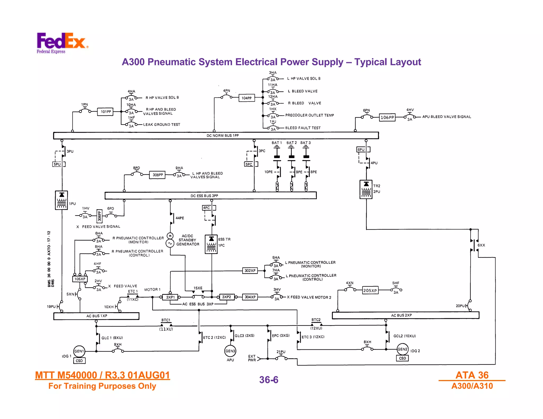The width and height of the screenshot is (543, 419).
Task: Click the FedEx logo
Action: click(62, 42)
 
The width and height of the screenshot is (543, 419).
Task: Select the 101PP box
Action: click(106, 112)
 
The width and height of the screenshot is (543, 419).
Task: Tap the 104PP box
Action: click(247, 98)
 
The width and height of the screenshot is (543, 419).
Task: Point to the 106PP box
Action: click(387, 117)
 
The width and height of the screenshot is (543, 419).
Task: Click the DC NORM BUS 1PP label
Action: click(222, 136)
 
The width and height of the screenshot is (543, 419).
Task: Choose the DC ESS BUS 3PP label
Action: click(204, 196)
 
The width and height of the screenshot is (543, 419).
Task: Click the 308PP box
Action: click(157, 175)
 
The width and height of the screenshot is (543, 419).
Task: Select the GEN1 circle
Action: click(79, 351)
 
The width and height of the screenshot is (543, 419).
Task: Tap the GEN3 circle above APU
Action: click(230, 351)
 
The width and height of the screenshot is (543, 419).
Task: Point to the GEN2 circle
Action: click(402, 349)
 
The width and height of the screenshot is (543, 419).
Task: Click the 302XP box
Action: click(250, 270)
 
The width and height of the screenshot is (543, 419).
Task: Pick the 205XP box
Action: click(370, 291)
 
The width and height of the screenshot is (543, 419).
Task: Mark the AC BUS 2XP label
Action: click(401, 315)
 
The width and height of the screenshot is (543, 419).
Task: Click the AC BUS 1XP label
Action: click(97, 316)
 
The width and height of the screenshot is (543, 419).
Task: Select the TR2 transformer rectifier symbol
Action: click(366, 189)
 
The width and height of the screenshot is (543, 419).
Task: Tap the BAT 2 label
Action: click(291, 142)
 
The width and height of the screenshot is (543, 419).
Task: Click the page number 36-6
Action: click(269, 380)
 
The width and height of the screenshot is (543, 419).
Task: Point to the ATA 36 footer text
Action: click(472, 375)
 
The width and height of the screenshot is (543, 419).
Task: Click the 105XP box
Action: click(80, 279)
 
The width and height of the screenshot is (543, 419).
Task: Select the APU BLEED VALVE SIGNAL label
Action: click(446, 117)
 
